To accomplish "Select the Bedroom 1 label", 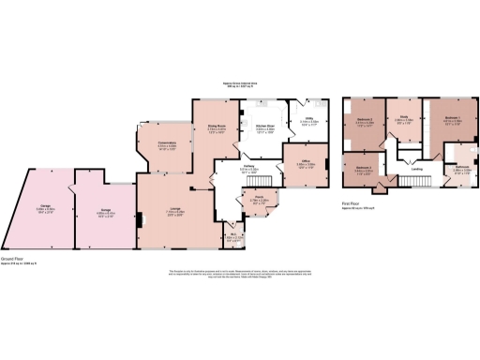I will [453, 120].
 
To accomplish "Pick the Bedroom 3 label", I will [364, 169].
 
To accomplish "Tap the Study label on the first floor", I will [404, 121].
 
